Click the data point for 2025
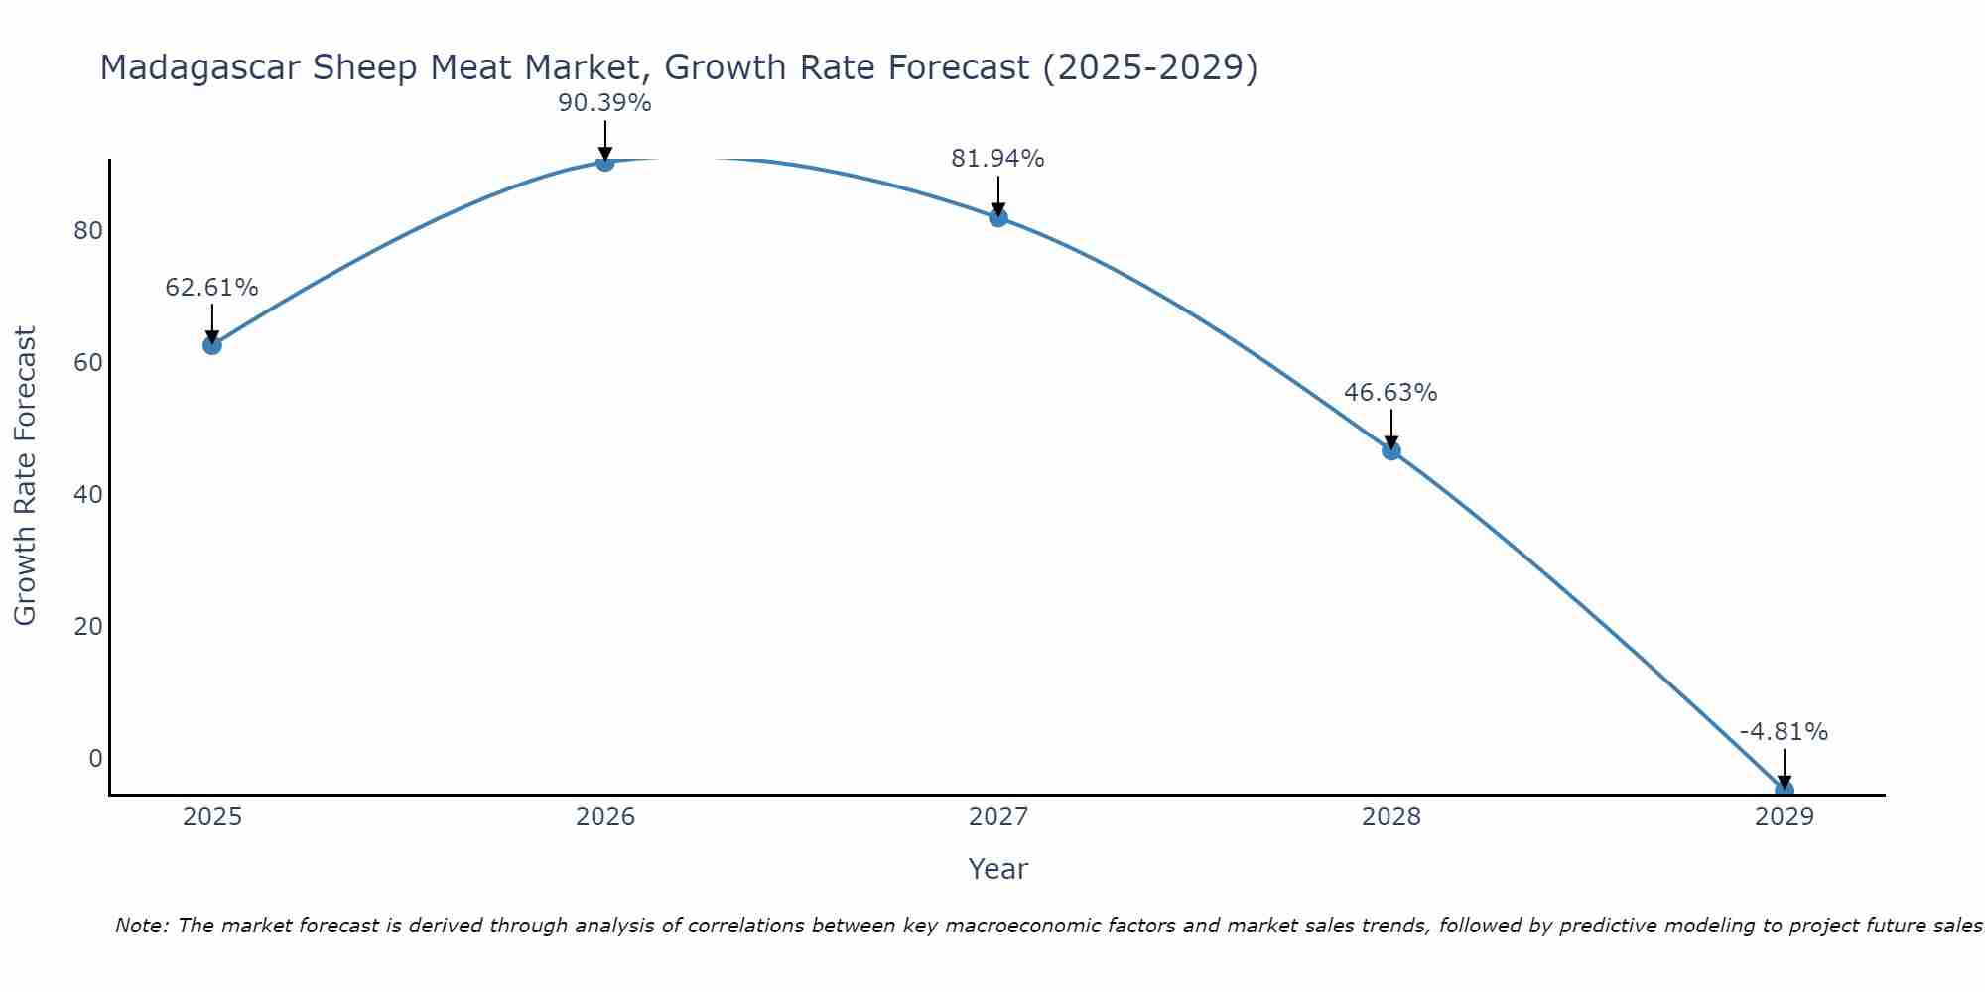pos(211,345)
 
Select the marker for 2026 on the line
pos(605,162)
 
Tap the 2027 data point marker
pos(998,217)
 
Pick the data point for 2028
pos(1391,450)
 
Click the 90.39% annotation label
pos(604,103)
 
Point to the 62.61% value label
pos(211,288)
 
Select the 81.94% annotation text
pos(997,159)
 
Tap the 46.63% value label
pos(1390,393)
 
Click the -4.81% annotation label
pos(1784,732)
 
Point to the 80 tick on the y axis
pos(88,231)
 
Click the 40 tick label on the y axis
pos(88,495)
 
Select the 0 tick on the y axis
pos(95,759)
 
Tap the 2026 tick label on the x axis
pos(605,817)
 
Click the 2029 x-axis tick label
pos(1784,817)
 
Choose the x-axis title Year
pos(997,869)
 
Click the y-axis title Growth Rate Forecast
pos(25,476)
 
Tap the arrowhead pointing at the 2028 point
pos(1391,442)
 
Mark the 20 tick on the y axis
pos(88,627)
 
